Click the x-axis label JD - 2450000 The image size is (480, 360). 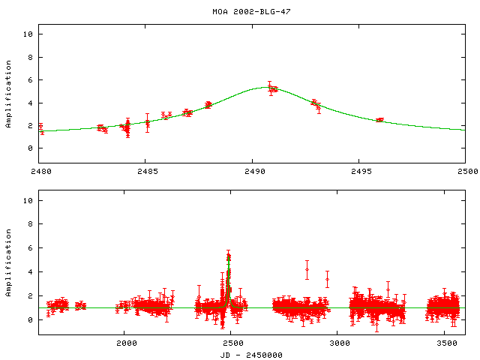click(x=252, y=354)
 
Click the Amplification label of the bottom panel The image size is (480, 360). click(x=9, y=263)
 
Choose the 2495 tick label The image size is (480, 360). click(x=359, y=171)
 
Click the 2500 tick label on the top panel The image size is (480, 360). click(x=466, y=171)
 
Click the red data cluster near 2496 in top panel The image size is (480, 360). click(x=379, y=120)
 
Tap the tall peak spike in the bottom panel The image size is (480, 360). click(x=229, y=256)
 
